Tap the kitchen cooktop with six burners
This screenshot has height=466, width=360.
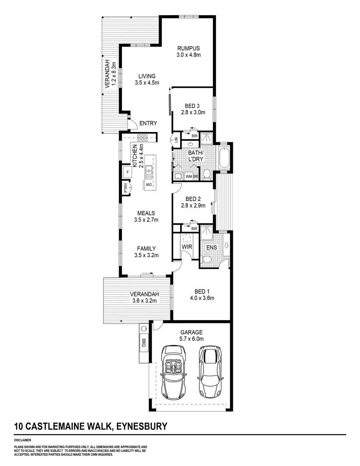(142, 138)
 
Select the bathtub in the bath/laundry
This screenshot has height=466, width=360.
(225, 158)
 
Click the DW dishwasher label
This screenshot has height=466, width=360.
(147, 185)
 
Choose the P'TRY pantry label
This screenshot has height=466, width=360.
(125, 188)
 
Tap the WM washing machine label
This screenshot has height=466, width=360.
(188, 176)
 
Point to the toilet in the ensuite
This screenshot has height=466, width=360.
(207, 259)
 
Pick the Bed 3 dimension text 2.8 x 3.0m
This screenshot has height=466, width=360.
(193, 112)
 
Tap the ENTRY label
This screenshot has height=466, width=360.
(148, 123)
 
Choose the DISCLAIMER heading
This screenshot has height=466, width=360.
(22, 440)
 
